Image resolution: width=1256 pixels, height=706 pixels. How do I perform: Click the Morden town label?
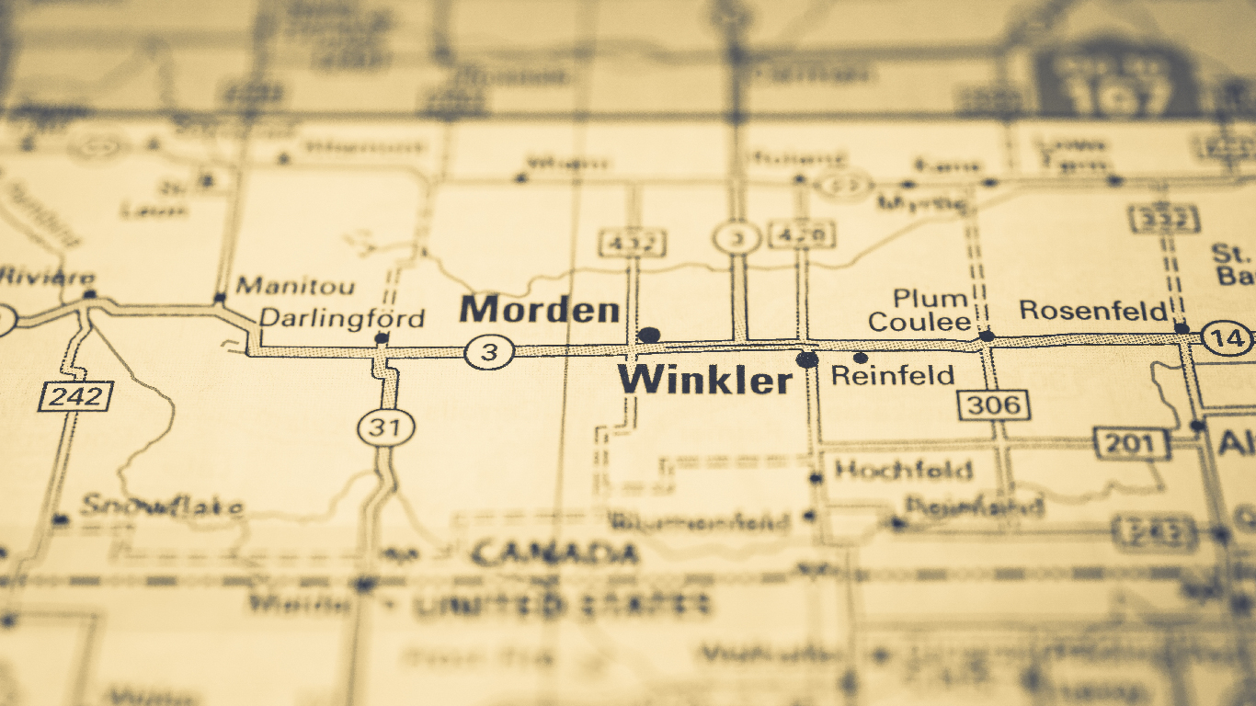pos(540,310)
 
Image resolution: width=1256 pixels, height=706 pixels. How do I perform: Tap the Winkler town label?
pos(704,380)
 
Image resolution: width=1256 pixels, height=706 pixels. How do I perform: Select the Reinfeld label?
pos(892,375)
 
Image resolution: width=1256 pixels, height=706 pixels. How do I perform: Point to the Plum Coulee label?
pos(919,311)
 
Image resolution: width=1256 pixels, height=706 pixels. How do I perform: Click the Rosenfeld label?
pos(1093,311)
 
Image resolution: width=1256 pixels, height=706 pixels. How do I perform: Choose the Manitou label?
pos(295,286)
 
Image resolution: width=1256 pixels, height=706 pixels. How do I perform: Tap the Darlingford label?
pos(342,319)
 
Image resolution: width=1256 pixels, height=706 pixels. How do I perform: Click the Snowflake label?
pos(162,506)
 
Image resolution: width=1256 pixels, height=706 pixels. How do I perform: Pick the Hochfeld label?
pos(903,471)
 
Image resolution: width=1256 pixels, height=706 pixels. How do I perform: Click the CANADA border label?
pos(555,553)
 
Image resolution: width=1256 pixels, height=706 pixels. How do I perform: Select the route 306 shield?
pos(994,404)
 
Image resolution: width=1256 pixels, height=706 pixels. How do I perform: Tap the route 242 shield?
pos(75,396)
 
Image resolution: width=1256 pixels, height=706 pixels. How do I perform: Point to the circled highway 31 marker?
pos(386,427)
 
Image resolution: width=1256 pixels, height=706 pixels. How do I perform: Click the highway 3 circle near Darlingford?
pos(488,351)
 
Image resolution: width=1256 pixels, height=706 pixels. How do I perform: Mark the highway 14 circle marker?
pos(1228,338)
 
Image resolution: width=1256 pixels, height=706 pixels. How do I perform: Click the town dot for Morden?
pos(649,335)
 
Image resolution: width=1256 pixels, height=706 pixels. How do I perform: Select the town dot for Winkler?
pos(807,359)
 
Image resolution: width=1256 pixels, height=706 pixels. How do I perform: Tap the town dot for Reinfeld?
pos(861,358)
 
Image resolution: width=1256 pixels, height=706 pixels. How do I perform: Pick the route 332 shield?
pos(1163,220)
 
